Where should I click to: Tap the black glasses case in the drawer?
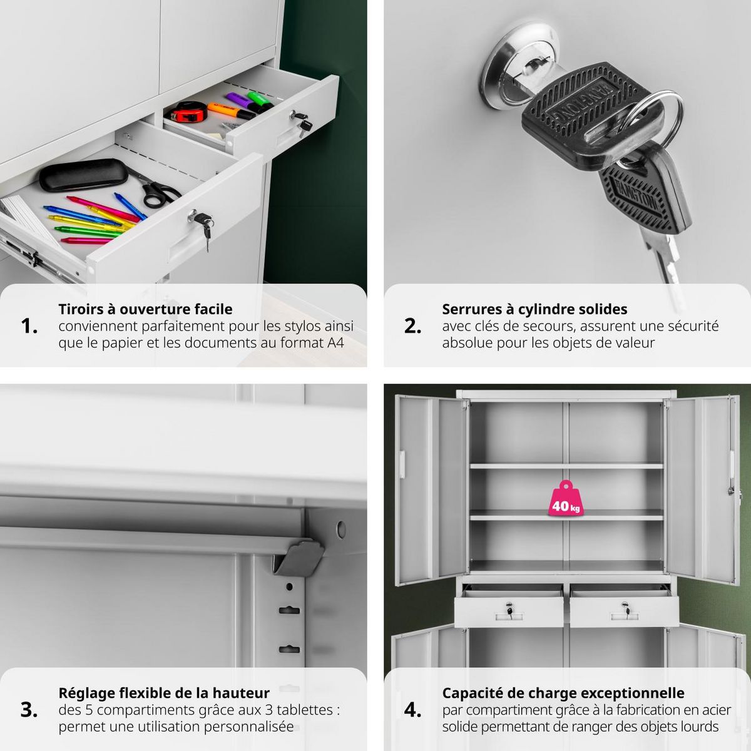(x=83, y=175)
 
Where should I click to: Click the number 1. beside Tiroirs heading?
(x=29, y=326)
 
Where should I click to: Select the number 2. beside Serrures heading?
(x=412, y=326)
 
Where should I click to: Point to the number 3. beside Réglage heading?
(x=29, y=710)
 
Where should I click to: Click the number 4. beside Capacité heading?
(x=412, y=710)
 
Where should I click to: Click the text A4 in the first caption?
(x=335, y=343)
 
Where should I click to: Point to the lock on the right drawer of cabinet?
(x=625, y=606)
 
